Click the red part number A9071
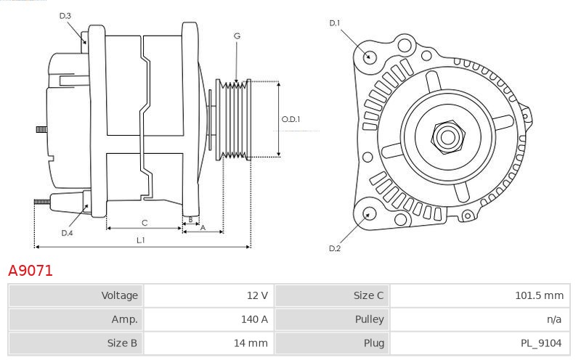coord(31,271)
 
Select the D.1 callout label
coord(335,23)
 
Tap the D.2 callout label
coord(335,248)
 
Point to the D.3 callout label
coord(65,15)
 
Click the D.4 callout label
coord(67,233)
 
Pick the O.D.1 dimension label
coord(291,119)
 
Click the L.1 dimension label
coord(140,240)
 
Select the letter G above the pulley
coord(237,36)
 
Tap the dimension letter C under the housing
coord(145,223)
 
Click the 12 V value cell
coord(257,295)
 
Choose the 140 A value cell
coord(254,319)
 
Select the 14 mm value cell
coord(251,343)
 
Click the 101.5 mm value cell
coord(539,295)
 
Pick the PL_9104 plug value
coord(541,343)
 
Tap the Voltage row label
coord(119,295)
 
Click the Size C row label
coord(368,295)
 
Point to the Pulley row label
coord(369,319)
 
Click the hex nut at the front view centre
coord(448,137)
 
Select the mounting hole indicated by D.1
coord(369,57)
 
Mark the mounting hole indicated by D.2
coord(369,214)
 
